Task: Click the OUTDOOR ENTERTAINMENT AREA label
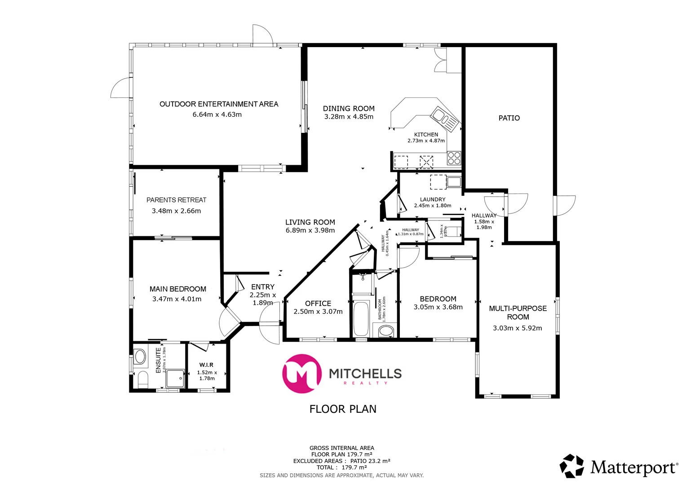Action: tap(219, 104)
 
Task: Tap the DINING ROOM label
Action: tap(349, 109)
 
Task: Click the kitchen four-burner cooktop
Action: tap(454, 159)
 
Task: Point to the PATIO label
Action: tap(509, 118)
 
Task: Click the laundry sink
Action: tap(453, 182)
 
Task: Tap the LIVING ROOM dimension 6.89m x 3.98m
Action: tap(310, 230)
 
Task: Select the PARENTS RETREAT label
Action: tap(176, 200)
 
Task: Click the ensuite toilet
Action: tap(143, 379)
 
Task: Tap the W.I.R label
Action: tap(207, 365)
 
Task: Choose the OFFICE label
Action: tap(318, 304)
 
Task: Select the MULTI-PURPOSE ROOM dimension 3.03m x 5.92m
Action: tap(518, 328)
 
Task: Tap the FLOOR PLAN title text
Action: tap(343, 409)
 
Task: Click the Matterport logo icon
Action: tap(571, 466)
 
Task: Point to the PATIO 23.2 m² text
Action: tap(370, 461)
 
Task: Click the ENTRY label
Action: tap(263, 287)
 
